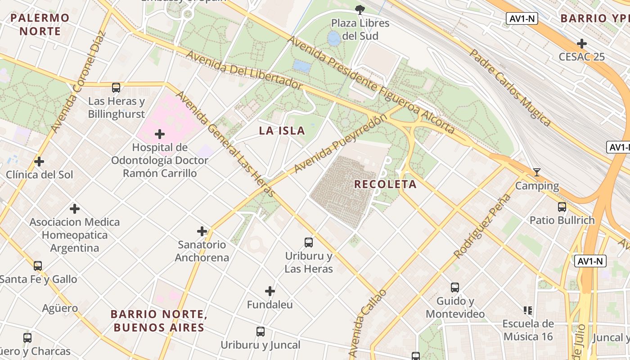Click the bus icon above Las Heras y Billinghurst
tap(116, 88)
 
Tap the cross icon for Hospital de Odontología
tap(159, 134)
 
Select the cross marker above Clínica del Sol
tap(39, 161)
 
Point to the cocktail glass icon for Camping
tap(536, 172)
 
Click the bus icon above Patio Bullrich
tap(562, 207)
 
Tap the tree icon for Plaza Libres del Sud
tap(360, 9)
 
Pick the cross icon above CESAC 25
tap(582, 44)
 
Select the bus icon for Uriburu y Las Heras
tap(309, 243)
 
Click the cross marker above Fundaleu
tap(270, 291)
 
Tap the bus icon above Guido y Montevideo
tap(455, 288)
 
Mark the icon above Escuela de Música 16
tap(528, 310)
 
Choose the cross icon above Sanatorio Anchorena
tap(202, 231)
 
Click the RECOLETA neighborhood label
tap(385, 184)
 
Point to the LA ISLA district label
tap(282, 131)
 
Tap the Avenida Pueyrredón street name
tap(340, 144)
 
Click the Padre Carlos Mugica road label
tap(510, 87)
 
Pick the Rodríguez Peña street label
tap(483, 226)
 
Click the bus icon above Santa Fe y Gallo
tap(38, 266)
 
